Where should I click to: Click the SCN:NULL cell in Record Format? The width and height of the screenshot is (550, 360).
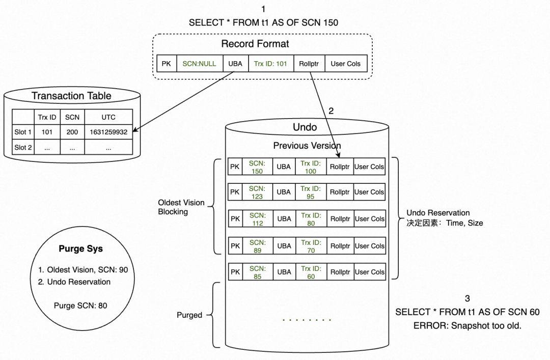coord(199,64)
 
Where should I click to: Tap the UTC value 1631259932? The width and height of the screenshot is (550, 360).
coord(108,132)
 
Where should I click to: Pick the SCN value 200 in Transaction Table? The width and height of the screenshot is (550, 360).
coord(72,132)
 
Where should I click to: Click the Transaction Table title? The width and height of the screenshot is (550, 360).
coord(71,96)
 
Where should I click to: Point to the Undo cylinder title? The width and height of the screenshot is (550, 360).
coord(305,126)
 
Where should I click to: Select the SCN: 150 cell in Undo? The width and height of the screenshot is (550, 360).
coord(257,167)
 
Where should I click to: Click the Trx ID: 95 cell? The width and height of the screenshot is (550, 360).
coord(311,192)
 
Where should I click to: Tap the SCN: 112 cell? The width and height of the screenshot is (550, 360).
coord(257,219)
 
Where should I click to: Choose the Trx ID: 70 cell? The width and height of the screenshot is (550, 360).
coord(311,246)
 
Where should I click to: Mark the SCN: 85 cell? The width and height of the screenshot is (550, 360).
coord(257,272)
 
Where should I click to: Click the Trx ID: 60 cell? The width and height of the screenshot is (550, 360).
coord(311,272)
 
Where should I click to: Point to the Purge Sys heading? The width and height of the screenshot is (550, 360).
coord(80,249)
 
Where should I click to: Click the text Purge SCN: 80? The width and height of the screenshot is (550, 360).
coord(80,306)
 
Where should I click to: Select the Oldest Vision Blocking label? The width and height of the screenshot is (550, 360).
coord(181,207)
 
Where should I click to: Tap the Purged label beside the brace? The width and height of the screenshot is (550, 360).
coord(188,315)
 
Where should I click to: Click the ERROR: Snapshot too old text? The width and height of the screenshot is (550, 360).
coord(467,325)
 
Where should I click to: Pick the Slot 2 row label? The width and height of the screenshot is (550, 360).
coord(23,147)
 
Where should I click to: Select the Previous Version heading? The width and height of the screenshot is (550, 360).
coord(307,146)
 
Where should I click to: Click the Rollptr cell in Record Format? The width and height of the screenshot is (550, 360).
coord(309,64)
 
